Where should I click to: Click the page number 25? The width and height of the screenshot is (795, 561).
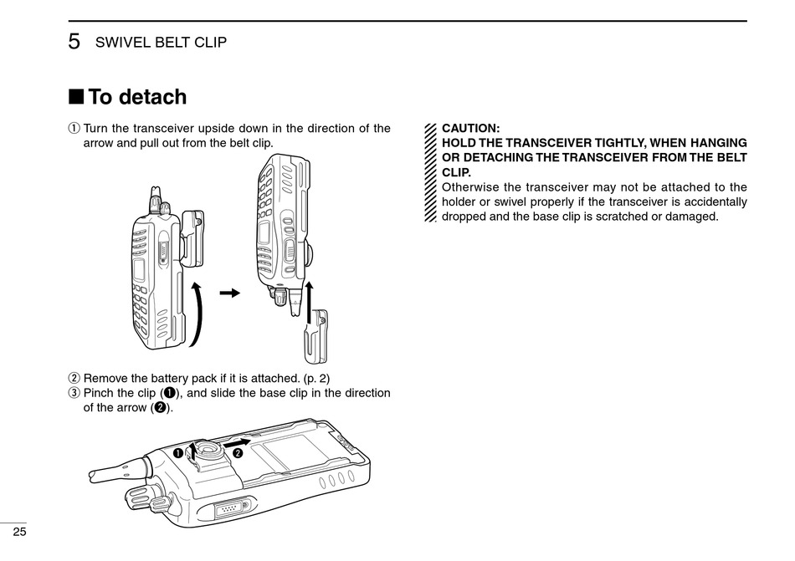click(18, 533)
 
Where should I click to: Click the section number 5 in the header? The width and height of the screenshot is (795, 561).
click(74, 41)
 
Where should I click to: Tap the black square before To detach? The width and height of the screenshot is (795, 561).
click(75, 97)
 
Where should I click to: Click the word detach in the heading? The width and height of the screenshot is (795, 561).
click(152, 97)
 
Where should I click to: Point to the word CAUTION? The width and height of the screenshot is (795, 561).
click(470, 129)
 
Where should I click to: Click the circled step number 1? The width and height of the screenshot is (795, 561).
click(73, 129)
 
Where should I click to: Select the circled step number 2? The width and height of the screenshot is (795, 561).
click(73, 378)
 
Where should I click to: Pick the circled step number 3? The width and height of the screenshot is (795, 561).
click(73, 393)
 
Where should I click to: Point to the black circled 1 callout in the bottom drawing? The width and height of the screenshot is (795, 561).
click(178, 452)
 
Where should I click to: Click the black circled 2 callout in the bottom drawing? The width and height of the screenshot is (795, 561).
click(238, 452)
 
